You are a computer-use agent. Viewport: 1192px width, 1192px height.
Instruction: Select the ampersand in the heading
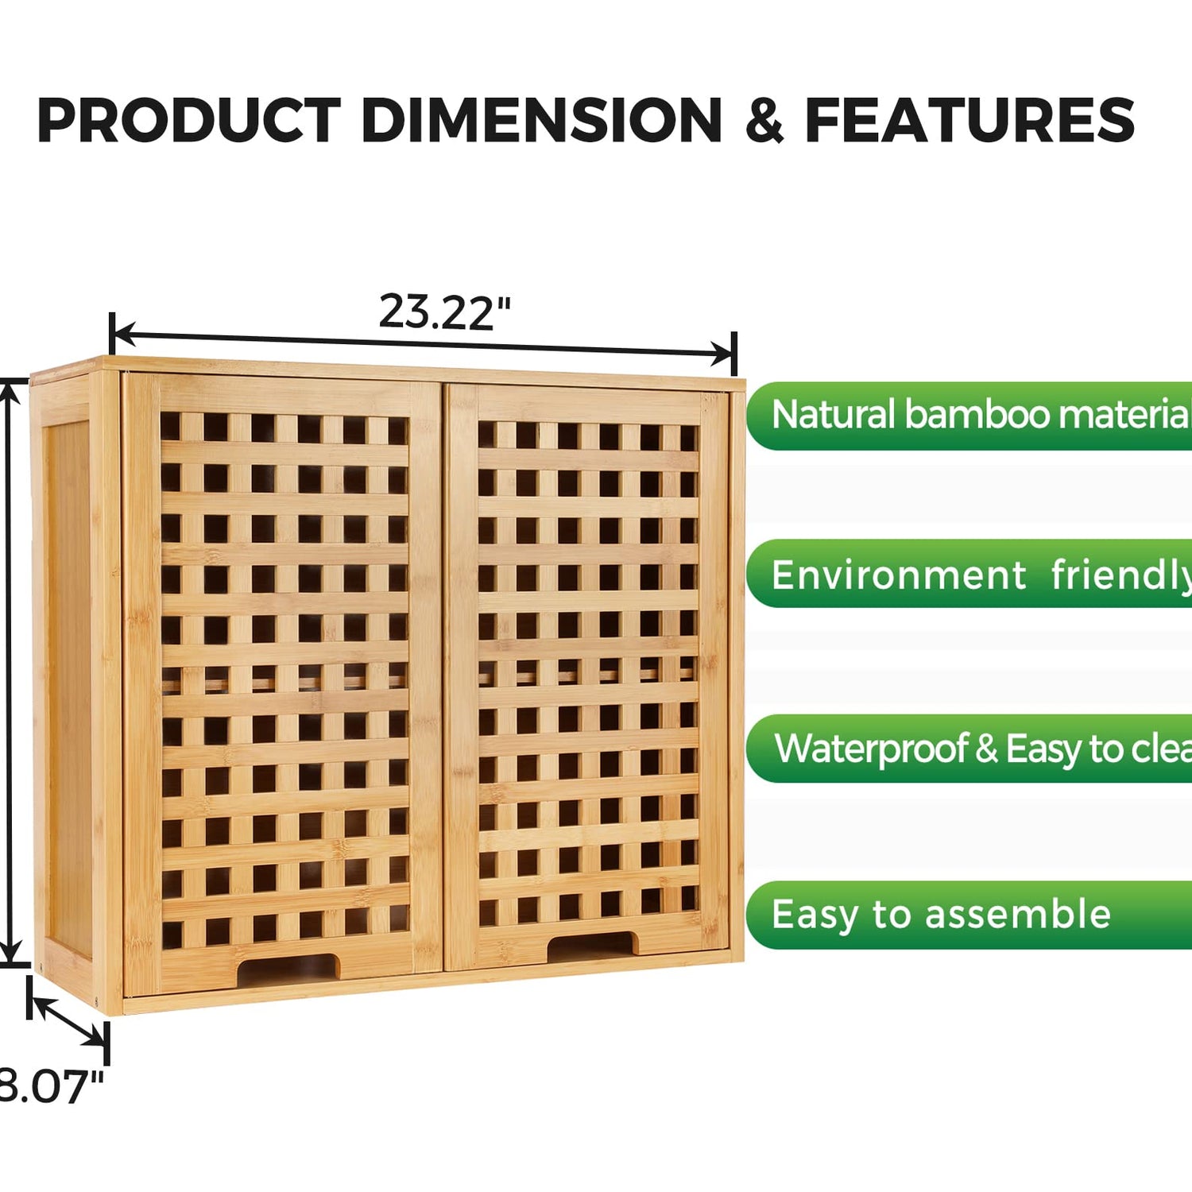coord(764,121)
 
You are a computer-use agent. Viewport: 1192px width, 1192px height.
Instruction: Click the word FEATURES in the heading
coord(969,121)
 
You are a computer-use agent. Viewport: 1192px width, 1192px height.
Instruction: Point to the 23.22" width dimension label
coord(444,312)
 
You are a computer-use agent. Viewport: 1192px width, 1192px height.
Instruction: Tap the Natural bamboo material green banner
coord(969,416)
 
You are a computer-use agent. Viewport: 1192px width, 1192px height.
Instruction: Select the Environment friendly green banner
coord(969,575)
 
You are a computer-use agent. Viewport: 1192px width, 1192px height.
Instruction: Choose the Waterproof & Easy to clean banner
coord(969,749)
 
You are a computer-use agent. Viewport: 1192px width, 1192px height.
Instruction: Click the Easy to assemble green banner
coord(969,915)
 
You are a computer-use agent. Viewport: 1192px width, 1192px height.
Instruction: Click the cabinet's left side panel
coord(68,683)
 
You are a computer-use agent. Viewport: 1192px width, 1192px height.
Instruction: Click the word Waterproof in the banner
coord(871,749)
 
